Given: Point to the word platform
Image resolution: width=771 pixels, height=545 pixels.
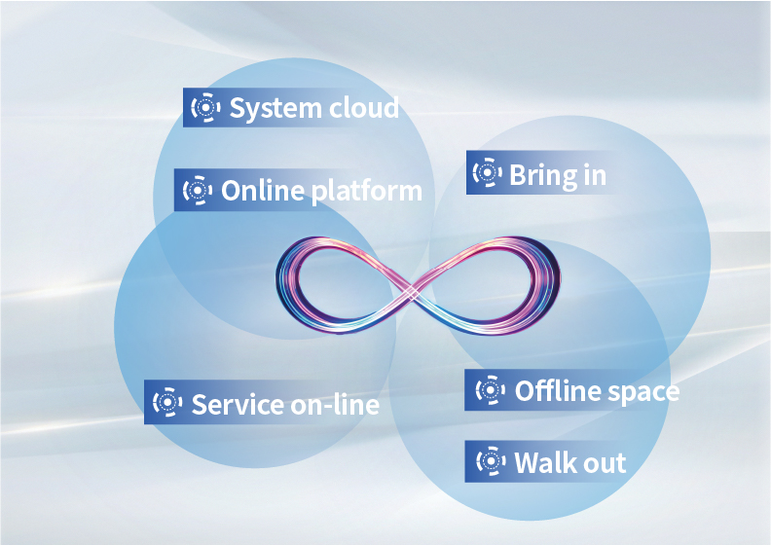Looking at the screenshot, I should tap(368, 192).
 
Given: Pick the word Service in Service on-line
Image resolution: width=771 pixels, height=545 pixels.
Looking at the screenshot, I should tap(238, 404).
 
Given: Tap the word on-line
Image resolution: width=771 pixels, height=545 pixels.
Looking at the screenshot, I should tap(336, 404).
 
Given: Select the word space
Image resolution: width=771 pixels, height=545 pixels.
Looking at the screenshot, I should tap(640, 392).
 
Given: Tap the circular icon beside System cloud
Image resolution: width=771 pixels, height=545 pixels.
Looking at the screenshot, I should tap(204, 107).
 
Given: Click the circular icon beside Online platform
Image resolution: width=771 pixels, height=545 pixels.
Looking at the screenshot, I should tap(197, 190).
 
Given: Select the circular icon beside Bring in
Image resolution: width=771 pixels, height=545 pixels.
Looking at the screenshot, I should tap(485, 173).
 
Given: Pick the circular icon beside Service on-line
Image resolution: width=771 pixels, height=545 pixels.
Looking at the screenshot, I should tap(167, 402).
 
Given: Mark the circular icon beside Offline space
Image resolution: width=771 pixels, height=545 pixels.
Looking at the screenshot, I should tap(489, 390).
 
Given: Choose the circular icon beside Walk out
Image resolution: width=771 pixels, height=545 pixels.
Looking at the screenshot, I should tap(490, 461).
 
